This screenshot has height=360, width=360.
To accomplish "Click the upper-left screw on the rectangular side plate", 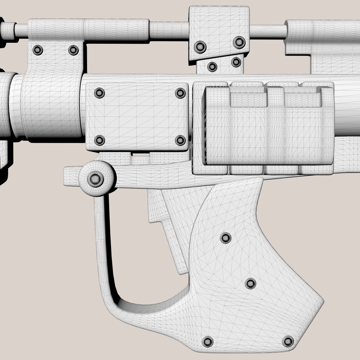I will (x=99, y=93).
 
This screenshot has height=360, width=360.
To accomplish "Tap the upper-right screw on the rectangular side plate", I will (x=180, y=93).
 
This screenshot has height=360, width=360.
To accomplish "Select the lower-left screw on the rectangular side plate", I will (x=99, y=140).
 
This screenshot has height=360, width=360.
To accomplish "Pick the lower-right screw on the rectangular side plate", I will (x=180, y=140).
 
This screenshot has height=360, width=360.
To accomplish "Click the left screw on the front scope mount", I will (x=38, y=50).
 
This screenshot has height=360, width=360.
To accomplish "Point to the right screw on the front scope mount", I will (x=73, y=50).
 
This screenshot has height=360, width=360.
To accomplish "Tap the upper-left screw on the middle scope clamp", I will (x=200, y=46).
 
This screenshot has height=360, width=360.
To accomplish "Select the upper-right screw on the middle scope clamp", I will (x=239, y=42).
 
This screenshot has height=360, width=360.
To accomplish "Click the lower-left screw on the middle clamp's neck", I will (x=212, y=67).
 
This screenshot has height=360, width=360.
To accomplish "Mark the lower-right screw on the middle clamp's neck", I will (x=236, y=62).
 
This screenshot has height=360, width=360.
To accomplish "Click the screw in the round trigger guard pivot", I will (x=96, y=179).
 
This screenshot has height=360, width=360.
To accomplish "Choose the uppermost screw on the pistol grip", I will (x=226, y=238).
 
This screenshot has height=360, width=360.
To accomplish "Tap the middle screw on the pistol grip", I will (x=250, y=284).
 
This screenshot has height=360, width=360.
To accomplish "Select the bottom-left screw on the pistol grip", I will (x=208, y=341).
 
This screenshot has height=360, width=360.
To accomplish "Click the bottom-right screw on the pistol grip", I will (x=288, y=341).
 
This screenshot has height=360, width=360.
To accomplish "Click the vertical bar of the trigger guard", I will (x=100, y=240).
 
